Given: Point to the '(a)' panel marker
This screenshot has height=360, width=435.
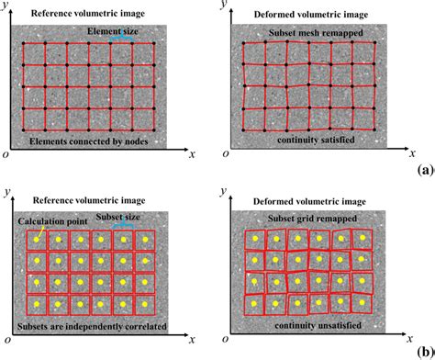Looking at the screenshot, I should coord(423,170).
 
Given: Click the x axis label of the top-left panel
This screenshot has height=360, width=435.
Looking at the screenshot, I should coord(192,153).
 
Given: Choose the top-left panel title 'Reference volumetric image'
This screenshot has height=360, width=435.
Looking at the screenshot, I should coord(83,14).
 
